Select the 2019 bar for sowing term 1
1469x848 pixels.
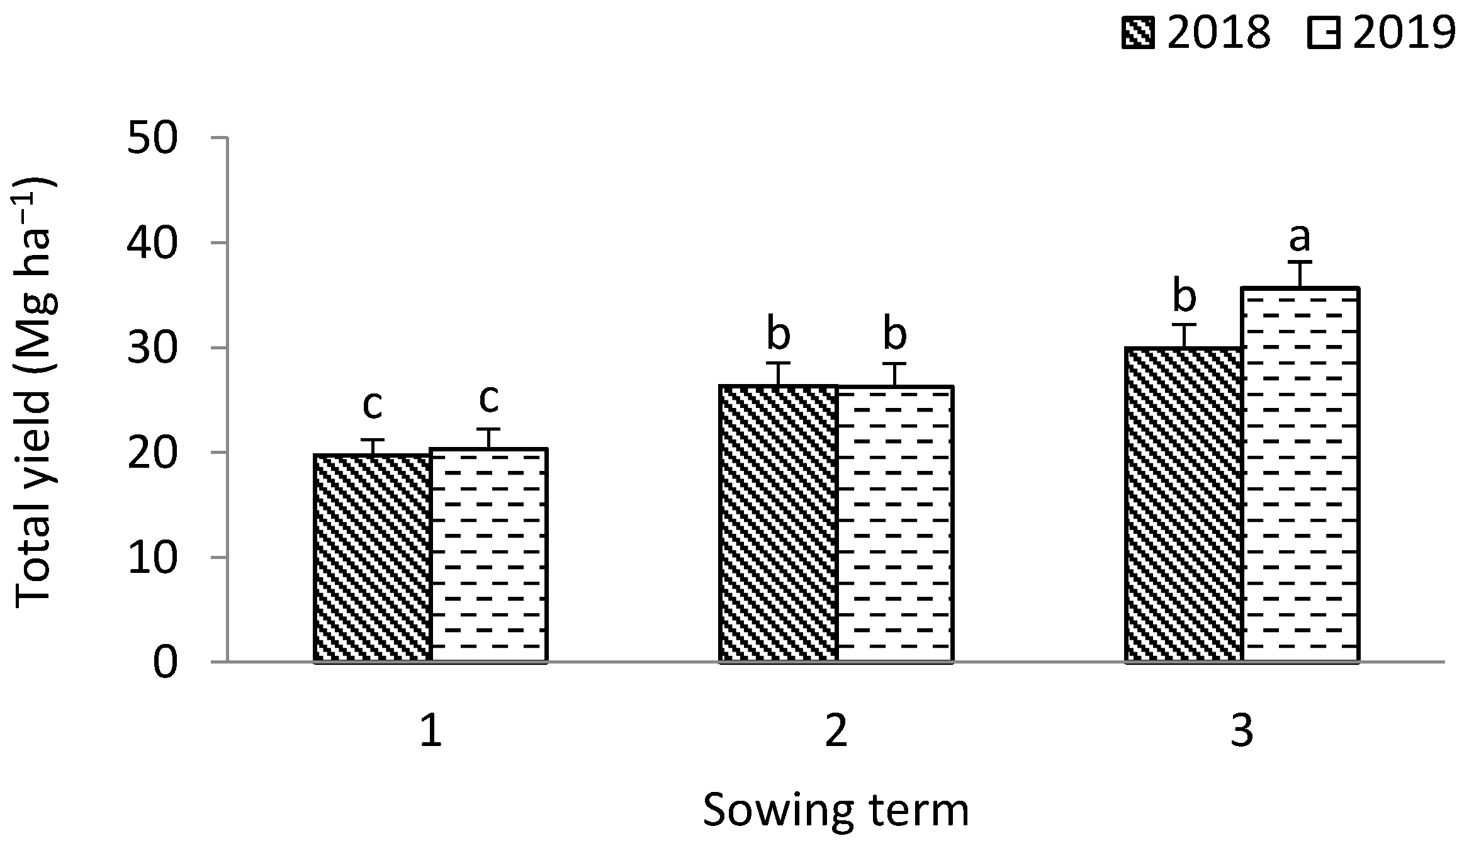coord(489,555)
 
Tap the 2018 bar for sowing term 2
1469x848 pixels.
coord(779,524)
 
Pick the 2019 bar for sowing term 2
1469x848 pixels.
coord(895,524)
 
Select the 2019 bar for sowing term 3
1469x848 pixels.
coord(1300,475)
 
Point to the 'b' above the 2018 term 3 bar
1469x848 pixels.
coord(1184,298)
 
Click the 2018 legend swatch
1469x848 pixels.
coord(1137,33)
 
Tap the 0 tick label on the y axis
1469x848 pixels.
coord(165,663)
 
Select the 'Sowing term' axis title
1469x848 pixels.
coord(835,810)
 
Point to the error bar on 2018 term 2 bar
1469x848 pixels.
coord(779,374)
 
